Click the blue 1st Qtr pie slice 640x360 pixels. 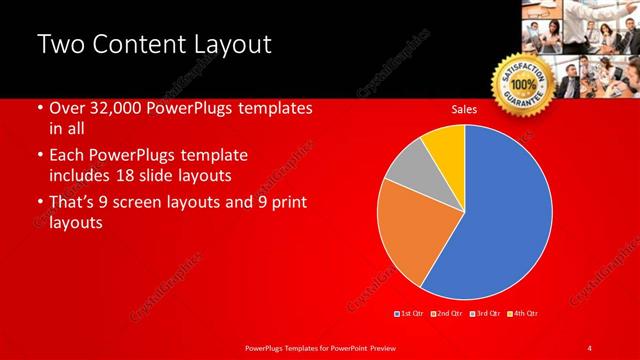coord(500,220)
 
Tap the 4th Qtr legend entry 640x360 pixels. coord(523,314)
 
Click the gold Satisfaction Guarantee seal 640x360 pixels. coord(523,84)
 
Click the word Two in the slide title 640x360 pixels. coord(60,44)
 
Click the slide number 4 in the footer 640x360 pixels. coord(589,347)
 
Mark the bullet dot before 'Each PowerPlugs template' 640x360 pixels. coord(39,157)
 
